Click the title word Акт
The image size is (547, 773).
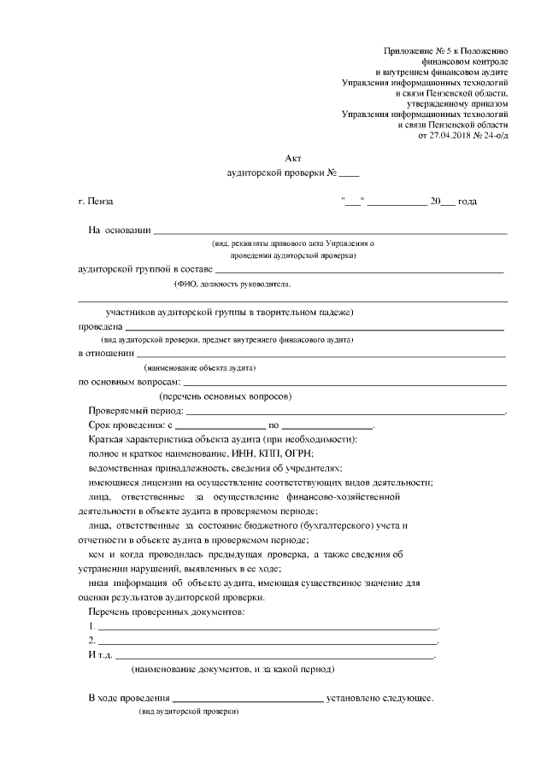pos(292,157)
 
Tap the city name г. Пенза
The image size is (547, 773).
pos(95,202)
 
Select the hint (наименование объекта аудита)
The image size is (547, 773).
pos(200,367)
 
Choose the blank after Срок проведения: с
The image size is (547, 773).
pos(221,425)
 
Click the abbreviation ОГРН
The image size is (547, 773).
pos(297,453)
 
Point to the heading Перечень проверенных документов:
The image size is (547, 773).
pos(167,613)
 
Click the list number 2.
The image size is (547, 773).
pos(91,641)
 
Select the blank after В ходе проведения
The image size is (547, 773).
pos(247,699)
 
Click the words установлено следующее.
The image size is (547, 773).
pos(380,698)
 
